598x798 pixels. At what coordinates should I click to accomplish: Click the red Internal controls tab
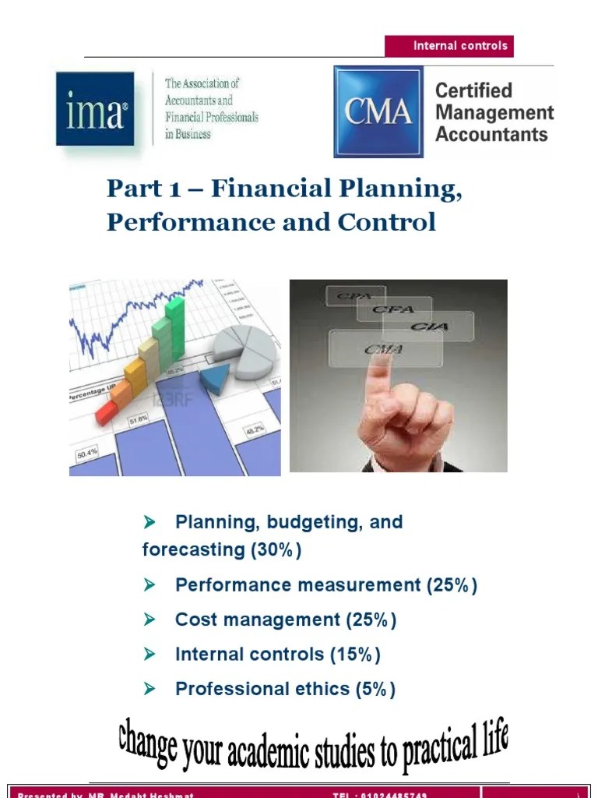[449, 46]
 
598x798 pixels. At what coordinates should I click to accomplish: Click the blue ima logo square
[95, 108]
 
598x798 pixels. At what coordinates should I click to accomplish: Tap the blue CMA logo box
[378, 111]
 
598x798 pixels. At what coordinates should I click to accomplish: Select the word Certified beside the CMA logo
[473, 90]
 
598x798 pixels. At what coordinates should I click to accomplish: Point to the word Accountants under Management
[491, 134]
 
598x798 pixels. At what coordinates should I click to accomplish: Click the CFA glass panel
[392, 310]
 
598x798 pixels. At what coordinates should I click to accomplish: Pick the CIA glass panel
[438, 325]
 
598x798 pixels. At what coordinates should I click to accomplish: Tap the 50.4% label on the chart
[86, 451]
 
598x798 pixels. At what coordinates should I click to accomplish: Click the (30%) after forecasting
[276, 549]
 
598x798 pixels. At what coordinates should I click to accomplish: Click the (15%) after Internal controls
[354, 655]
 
